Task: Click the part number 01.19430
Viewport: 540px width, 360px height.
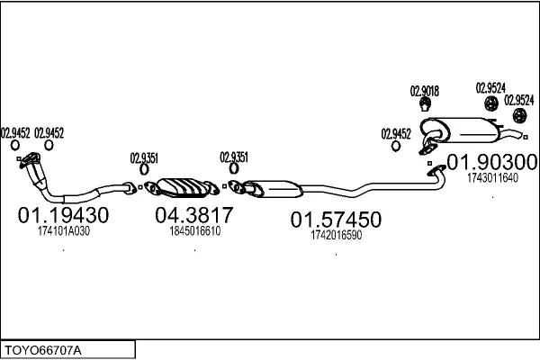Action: pos(63,215)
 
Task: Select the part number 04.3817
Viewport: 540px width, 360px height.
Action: pos(194,214)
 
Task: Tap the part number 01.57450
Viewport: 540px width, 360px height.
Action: pos(336,220)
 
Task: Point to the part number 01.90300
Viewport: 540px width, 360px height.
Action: pos(491,162)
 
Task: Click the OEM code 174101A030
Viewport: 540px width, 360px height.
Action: pos(64,231)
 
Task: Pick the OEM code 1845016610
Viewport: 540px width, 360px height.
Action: pos(195,230)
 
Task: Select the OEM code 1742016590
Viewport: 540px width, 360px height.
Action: pos(336,235)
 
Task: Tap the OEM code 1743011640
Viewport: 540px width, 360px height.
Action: pos(492,178)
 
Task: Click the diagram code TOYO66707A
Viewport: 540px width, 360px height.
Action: pos(43,351)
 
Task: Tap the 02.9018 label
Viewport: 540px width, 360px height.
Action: pos(424,91)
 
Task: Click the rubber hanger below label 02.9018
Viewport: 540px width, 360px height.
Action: pos(426,104)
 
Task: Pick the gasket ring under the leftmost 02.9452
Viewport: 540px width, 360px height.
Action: pos(15,146)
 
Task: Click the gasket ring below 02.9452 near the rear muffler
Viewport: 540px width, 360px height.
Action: pos(396,146)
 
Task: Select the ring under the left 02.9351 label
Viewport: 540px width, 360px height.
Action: pos(144,169)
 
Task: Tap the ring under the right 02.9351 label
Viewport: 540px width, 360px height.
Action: pos(234,168)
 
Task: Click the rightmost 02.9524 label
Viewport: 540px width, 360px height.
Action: pos(519,101)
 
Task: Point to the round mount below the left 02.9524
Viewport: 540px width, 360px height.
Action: pos(491,103)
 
